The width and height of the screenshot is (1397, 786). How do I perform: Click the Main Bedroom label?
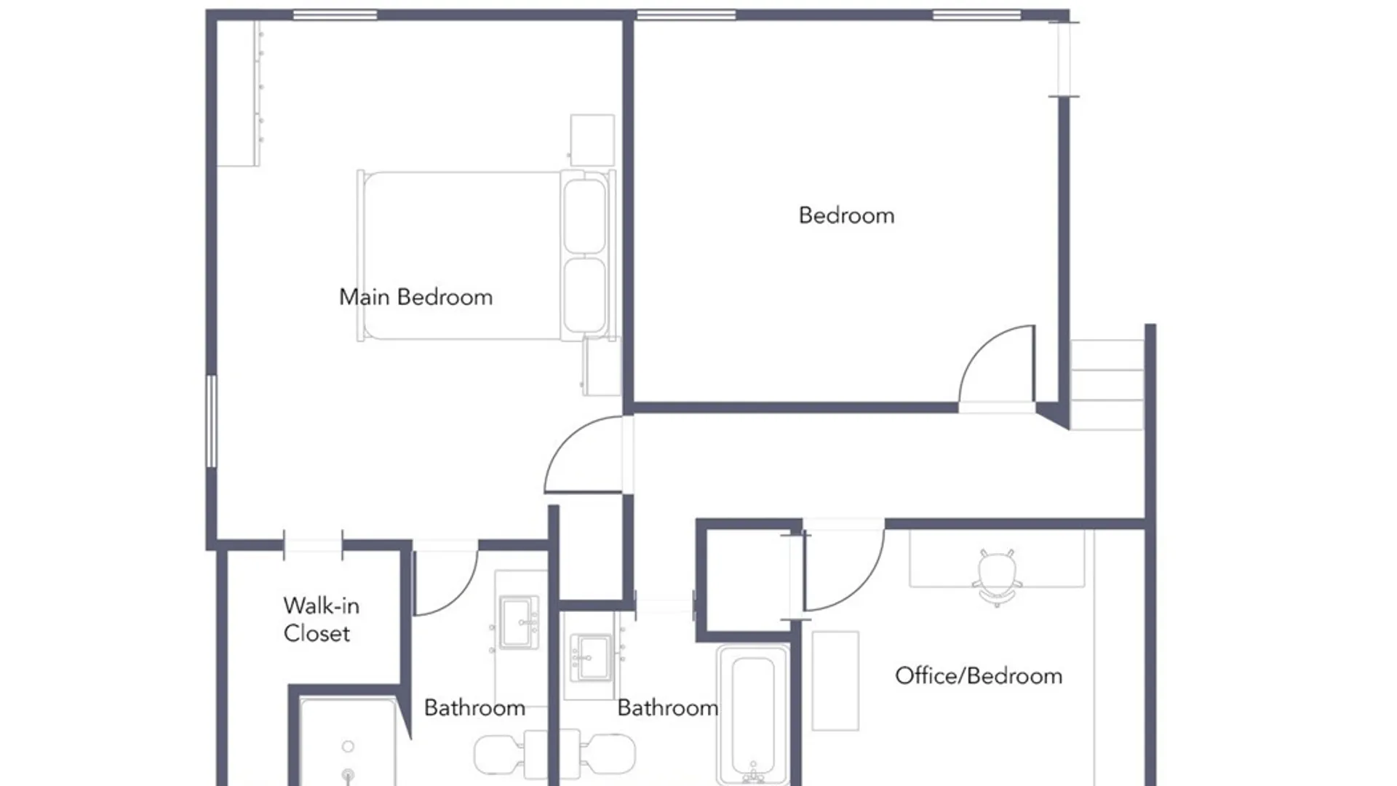click(x=415, y=297)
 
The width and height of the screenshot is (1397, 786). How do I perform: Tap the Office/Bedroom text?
click(x=979, y=676)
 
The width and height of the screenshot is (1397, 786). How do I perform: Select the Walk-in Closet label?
click(x=320, y=619)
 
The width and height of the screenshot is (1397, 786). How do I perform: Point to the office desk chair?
click(x=997, y=578)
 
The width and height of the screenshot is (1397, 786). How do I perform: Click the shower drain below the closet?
click(x=349, y=775)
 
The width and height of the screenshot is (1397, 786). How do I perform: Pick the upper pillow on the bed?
click(x=584, y=216)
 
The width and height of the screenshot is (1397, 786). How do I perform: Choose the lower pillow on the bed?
click(x=584, y=295)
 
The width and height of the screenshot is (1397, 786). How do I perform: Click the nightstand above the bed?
click(x=592, y=140)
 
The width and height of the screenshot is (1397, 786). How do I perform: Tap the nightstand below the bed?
click(x=602, y=366)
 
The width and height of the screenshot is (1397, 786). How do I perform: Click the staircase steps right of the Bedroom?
click(x=1107, y=384)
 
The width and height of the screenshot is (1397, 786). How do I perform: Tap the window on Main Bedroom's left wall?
click(x=211, y=421)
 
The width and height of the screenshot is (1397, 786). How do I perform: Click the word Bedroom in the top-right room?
click(x=846, y=215)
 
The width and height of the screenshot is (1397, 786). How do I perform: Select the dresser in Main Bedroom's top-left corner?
click(x=239, y=94)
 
